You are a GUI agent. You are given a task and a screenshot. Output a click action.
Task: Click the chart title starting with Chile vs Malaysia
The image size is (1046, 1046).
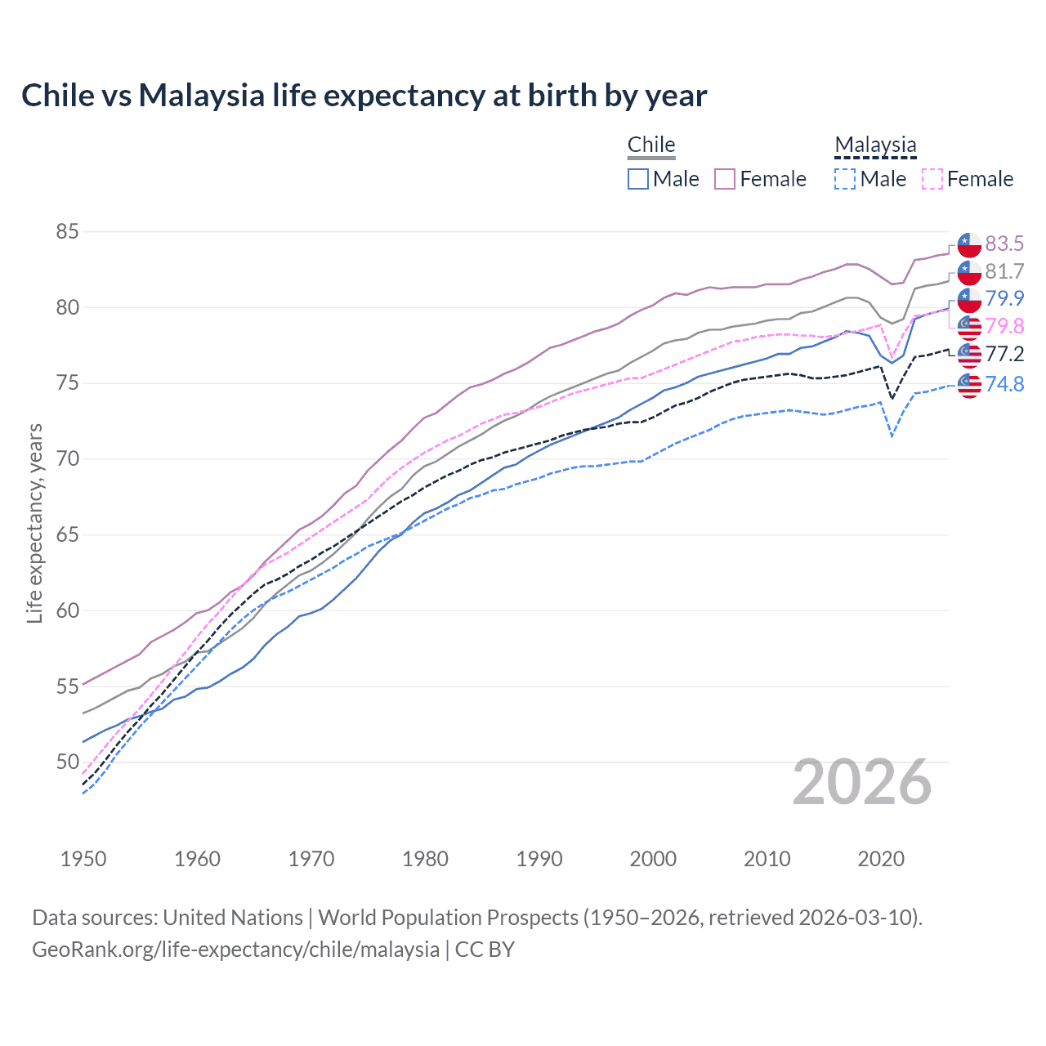coord(364,96)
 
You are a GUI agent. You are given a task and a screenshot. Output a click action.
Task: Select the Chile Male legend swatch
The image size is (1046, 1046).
coord(638,179)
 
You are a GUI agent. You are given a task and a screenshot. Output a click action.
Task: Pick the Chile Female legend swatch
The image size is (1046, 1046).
coord(725,179)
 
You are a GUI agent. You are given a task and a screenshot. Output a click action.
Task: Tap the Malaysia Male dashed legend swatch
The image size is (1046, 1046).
coord(845,179)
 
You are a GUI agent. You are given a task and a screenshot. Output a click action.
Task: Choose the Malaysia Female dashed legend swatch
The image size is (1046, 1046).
coord(932,179)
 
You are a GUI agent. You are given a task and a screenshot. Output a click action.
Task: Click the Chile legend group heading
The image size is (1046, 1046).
coord(651,145)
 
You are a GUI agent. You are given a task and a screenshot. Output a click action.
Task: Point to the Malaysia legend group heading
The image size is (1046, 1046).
coord(875,145)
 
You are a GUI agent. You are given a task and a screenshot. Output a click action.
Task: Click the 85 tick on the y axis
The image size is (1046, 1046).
coord(67,232)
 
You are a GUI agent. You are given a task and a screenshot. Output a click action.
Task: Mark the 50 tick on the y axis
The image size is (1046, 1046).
coord(67,762)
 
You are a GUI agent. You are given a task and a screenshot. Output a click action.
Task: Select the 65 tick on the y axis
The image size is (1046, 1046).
coord(67,535)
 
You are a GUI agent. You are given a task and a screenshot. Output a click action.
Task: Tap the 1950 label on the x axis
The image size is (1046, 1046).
coord(83,859)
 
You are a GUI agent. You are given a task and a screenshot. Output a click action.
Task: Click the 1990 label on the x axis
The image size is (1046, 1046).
coord(539,859)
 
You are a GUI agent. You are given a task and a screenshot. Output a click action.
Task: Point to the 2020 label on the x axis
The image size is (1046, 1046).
coord(881,859)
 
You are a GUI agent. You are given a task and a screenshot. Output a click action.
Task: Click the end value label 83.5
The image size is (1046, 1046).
coord(1004,244)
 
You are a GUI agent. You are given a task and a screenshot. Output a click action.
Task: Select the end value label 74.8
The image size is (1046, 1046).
coord(1004,384)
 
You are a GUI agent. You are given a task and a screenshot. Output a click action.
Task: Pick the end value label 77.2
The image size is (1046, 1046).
coord(1004,354)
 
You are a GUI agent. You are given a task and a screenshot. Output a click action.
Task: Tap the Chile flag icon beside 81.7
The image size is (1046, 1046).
coord(969,272)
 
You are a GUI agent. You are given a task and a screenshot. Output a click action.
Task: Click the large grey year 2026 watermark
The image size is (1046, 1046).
coord(862,783)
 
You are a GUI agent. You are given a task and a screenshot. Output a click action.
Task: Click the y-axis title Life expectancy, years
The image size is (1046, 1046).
coord(35,523)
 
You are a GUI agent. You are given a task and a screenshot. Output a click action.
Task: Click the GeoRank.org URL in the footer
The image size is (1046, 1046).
coord(235,950)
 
